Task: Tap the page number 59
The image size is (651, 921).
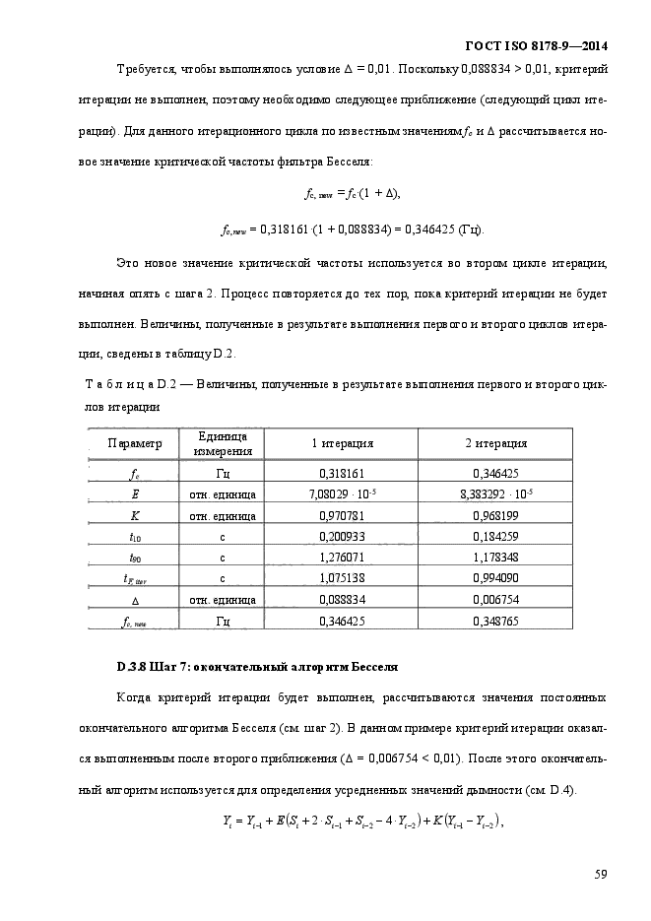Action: [x=601, y=872]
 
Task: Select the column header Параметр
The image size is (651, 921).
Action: [x=133, y=444]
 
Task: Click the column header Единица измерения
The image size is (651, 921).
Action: [x=222, y=444]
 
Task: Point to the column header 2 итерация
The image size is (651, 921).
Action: [x=495, y=444]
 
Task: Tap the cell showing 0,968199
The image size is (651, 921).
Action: [x=495, y=515]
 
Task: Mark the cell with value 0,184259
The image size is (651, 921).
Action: [x=495, y=537]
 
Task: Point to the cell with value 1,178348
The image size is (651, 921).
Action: [x=495, y=558]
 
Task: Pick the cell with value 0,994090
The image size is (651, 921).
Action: [x=495, y=578]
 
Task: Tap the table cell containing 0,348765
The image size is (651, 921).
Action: [x=495, y=621]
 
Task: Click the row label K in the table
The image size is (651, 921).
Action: [x=134, y=515]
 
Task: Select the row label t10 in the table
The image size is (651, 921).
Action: [x=134, y=537]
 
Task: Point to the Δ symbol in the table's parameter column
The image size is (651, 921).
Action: [x=134, y=600]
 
